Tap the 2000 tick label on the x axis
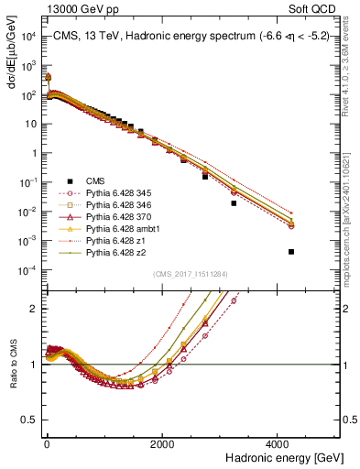point(161,443)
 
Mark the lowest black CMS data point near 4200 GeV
point(291,251)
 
